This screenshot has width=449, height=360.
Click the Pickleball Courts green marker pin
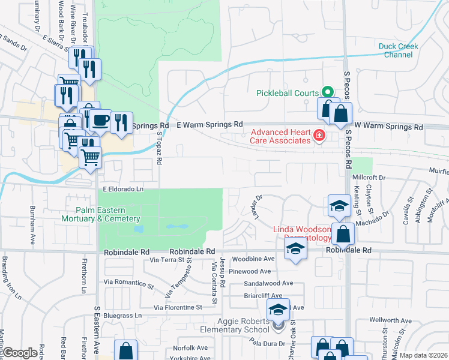[327, 92]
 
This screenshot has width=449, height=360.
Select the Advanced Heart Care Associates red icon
[318, 137]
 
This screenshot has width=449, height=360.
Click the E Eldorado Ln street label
[124, 189]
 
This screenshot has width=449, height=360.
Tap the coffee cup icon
[100, 120]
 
